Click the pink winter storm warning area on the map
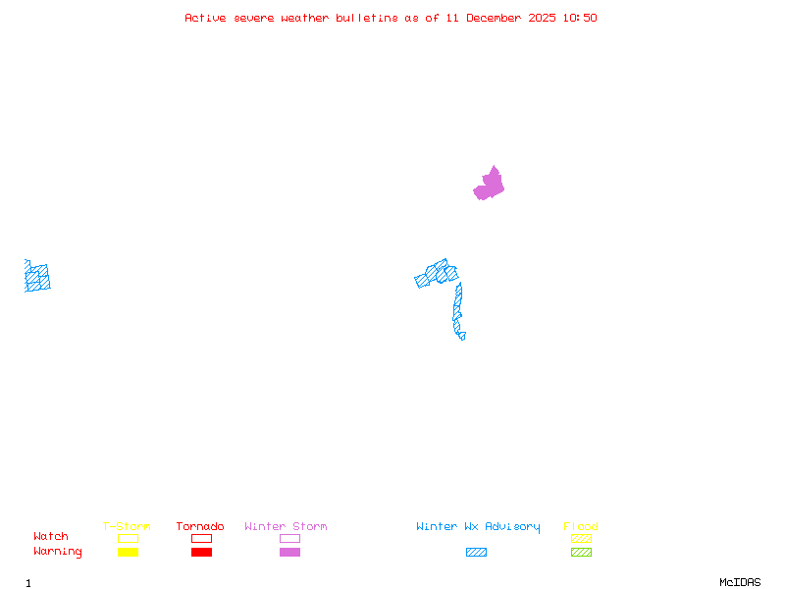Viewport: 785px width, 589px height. coord(490,185)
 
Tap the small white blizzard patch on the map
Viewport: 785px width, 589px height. coord(467,335)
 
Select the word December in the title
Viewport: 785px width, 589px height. coord(500,18)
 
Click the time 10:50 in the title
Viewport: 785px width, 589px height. coord(578,18)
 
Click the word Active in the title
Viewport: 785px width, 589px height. coord(205,18)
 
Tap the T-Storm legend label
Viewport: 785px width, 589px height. coord(127,527)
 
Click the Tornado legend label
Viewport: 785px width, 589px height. coord(200,527)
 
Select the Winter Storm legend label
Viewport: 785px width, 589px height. coord(286,527)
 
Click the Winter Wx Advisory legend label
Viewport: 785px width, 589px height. coord(478,527)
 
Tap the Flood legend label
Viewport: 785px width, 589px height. coord(581,527)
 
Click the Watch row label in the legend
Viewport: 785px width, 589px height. coord(51,537)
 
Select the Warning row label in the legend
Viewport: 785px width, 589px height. coord(58,552)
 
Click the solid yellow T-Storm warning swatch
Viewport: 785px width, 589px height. coord(128,552)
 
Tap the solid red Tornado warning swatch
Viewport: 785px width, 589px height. coord(201,552)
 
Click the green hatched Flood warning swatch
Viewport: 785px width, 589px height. coord(581,552)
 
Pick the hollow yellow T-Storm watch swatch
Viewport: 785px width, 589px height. coord(128,538)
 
